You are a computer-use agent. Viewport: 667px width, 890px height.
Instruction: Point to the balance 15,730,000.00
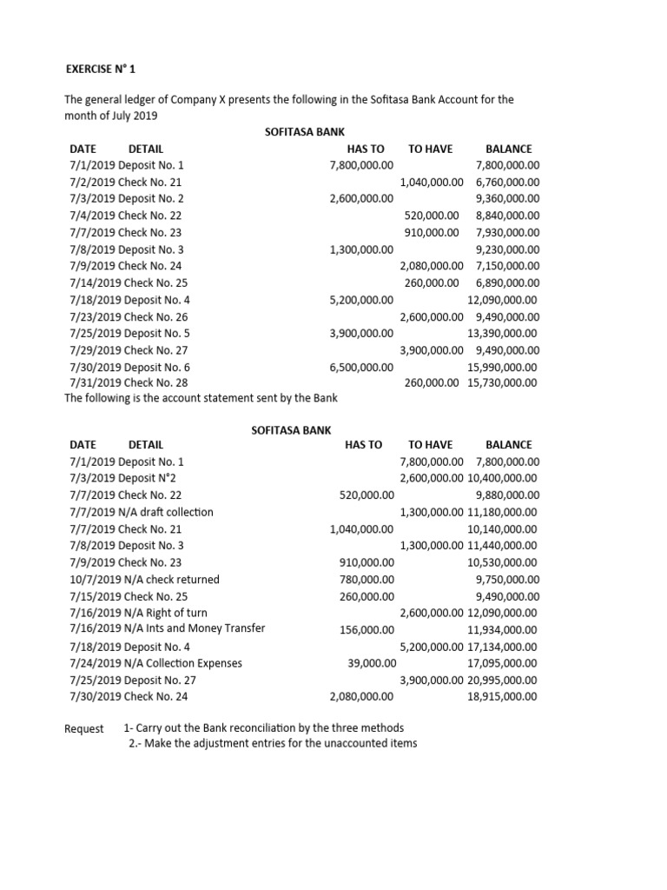click(503, 382)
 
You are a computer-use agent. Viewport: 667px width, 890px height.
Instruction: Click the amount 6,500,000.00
click(361, 367)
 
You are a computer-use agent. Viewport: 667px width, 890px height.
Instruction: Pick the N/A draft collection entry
click(165, 512)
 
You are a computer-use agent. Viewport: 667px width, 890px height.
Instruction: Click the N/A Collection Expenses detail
click(180, 663)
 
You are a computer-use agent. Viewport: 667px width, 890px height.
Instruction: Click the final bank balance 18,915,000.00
click(503, 696)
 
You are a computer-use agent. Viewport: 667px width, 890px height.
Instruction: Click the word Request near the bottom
click(84, 728)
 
